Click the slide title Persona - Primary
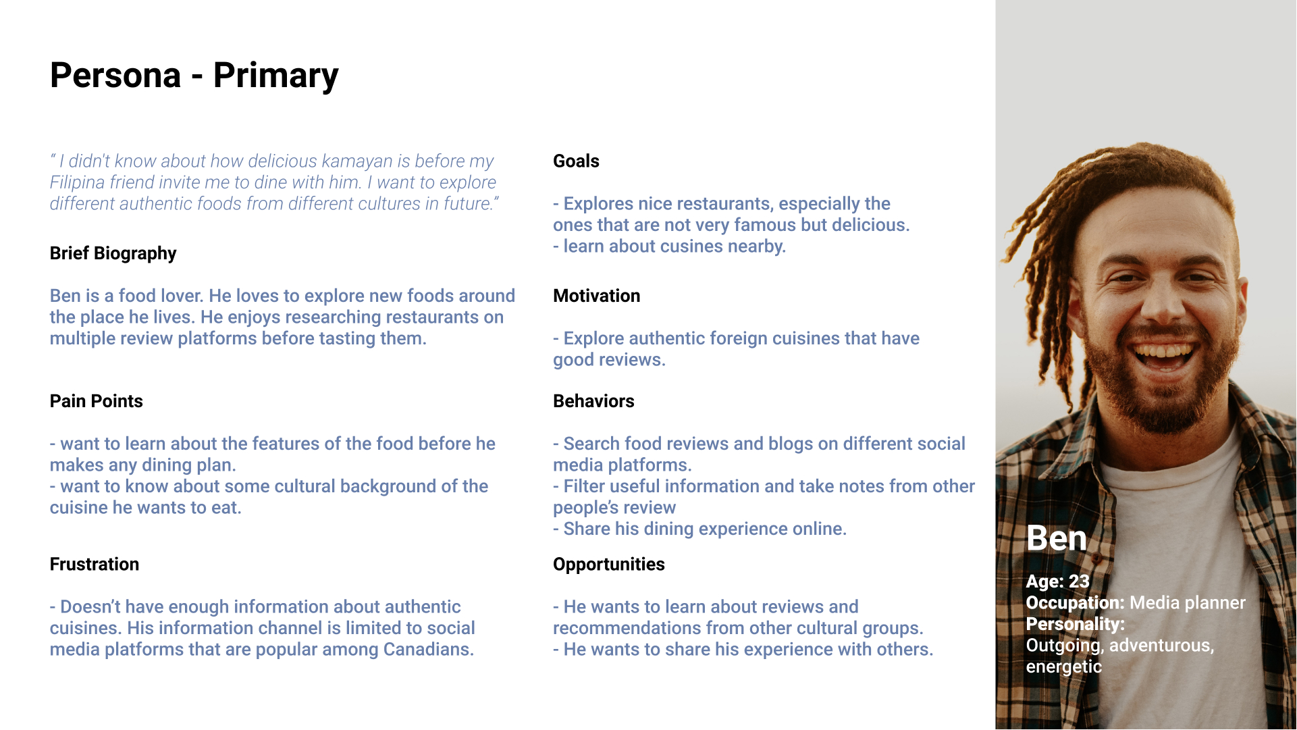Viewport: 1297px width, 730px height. (x=194, y=76)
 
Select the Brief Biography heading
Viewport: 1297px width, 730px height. (x=113, y=253)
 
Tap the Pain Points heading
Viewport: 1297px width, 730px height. (x=96, y=401)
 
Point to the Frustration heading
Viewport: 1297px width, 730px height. (x=95, y=564)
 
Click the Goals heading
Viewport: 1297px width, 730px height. (x=576, y=161)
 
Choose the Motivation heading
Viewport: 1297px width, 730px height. (x=596, y=296)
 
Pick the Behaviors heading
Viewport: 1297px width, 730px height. (x=593, y=401)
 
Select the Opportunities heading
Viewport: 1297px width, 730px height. (x=608, y=565)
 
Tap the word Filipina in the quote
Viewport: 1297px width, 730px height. (x=77, y=183)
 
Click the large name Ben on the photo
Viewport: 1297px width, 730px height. (x=1056, y=539)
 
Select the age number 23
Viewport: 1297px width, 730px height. (x=1079, y=581)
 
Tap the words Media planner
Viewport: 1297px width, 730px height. (x=1188, y=603)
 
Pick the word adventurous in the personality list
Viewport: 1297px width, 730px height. (x=1161, y=646)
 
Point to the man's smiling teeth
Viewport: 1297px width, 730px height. (x=1163, y=352)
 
